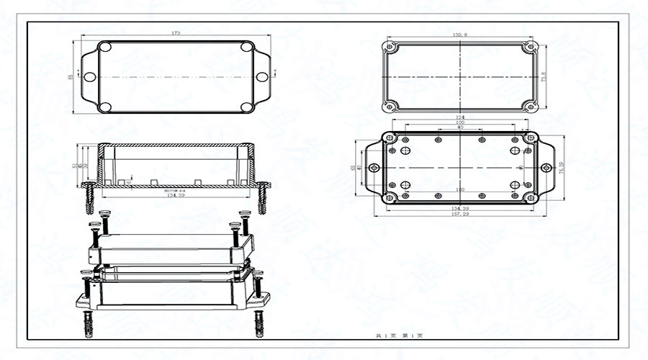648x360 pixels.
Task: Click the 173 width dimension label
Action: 176,33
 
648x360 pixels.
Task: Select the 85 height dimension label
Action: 70,76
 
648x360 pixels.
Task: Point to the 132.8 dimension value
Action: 459,34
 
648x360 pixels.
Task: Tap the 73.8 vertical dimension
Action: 544,76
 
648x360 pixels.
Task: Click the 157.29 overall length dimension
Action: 459,214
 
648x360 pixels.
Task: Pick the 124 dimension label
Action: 459,118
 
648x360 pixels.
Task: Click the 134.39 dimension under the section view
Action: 176,195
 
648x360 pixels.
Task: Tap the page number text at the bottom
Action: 399,336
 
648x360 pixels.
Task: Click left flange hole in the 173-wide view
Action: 90,76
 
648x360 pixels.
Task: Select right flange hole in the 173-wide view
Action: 261,76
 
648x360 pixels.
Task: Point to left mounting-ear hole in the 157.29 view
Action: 373,168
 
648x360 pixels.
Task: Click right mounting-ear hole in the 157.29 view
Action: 545,168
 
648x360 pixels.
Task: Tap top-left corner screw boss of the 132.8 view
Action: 390,47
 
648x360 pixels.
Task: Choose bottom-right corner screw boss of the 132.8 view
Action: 531,107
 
